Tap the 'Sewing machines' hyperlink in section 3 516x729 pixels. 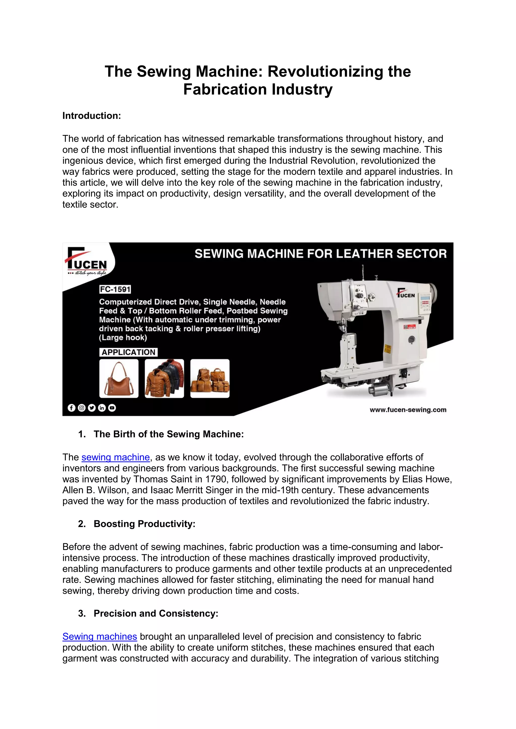tap(100, 637)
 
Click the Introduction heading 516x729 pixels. tap(91, 116)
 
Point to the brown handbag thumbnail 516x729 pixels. tap(119, 378)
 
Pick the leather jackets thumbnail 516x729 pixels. tap(164, 378)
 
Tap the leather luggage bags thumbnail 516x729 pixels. tap(210, 378)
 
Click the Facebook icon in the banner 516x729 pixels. tap(72, 408)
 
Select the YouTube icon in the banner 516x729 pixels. tap(112, 408)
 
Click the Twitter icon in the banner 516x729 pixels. tap(92, 408)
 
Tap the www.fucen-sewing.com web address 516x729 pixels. tap(408, 410)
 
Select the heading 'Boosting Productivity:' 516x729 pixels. tap(144, 524)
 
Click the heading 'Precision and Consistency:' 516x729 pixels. tap(156, 613)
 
